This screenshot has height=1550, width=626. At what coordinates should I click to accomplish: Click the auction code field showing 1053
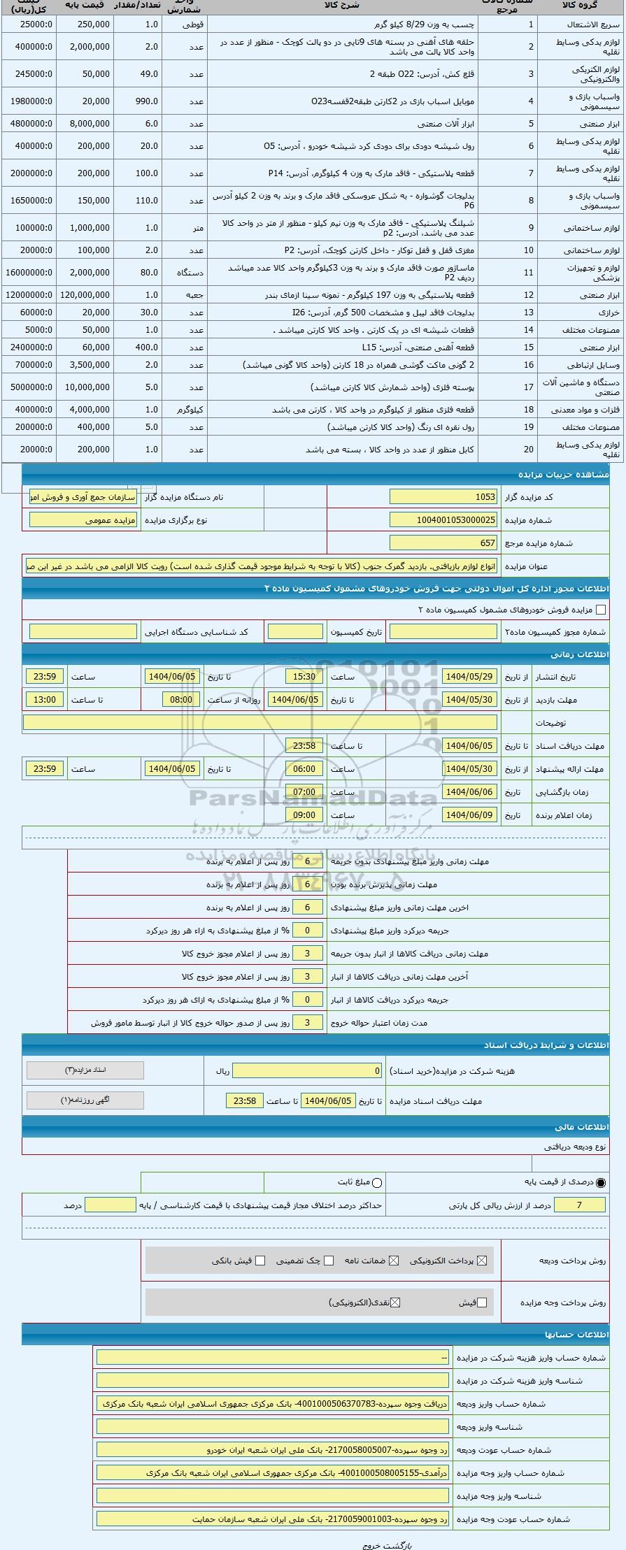pos(443,496)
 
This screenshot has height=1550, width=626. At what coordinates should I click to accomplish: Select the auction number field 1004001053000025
pos(443,519)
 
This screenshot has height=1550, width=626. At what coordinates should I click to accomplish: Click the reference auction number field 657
pos(443,543)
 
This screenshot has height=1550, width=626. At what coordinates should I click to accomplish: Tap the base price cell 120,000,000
pos(85,295)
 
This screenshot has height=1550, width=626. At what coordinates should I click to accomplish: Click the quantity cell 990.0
pos(137,101)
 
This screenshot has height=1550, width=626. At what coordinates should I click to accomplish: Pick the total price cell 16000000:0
pos(29,273)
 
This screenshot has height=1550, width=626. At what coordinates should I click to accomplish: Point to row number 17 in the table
pos(529,387)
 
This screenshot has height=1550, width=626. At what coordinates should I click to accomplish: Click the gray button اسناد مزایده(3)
pos(85,1070)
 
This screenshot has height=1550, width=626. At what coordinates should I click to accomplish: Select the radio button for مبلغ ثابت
pos(378,1182)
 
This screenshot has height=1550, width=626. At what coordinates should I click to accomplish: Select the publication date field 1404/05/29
pos(469,676)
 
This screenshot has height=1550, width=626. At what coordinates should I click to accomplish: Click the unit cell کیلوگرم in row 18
pos(185,409)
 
